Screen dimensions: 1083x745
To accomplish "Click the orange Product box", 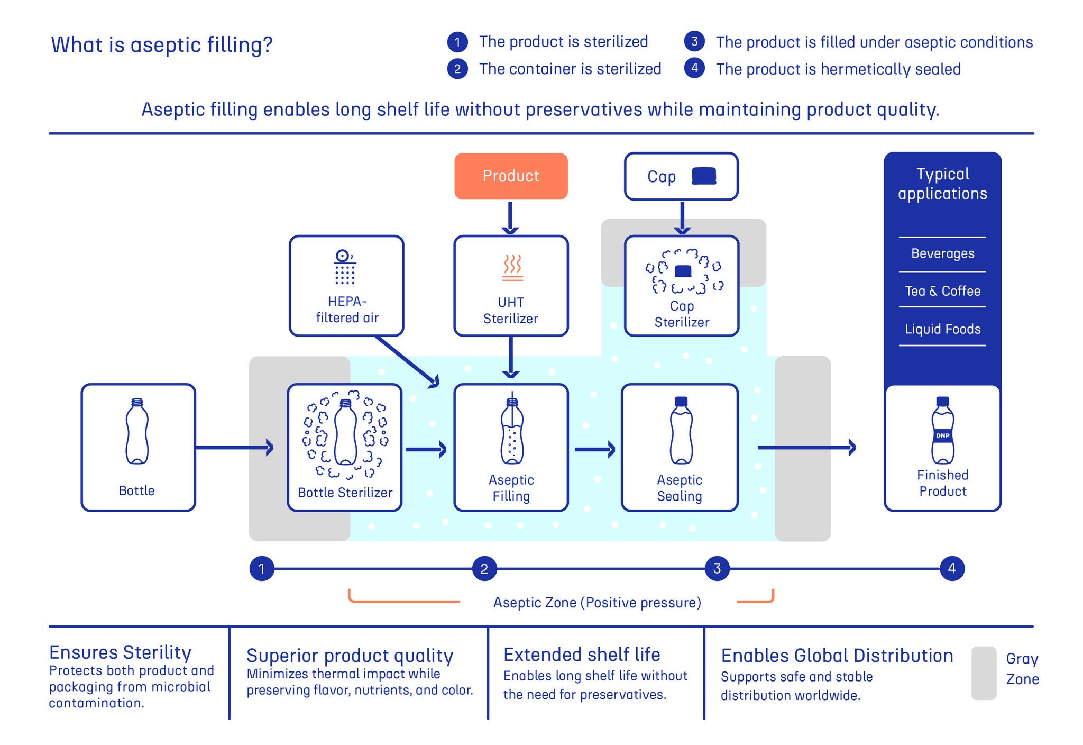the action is (511, 176).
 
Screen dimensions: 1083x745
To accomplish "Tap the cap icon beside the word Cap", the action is (704, 176).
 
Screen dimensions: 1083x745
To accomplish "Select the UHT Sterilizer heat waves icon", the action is (512, 268).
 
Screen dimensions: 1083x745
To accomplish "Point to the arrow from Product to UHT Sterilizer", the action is (510, 217).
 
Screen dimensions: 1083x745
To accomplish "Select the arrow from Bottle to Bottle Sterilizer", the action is (234, 448).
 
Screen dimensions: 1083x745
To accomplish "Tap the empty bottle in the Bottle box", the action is (137, 431).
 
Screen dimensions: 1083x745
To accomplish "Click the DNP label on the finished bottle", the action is (943, 435).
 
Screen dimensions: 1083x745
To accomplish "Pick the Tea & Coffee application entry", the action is (942, 291).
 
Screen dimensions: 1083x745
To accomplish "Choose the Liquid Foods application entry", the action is (942, 329).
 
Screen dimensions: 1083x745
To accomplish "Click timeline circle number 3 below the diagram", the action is (717, 569).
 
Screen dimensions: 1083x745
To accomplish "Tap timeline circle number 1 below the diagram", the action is (262, 569).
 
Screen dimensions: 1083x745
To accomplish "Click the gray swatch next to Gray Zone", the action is (984, 673).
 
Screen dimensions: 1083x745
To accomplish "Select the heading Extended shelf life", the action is (582, 655).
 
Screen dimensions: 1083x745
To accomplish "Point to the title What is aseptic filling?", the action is (162, 45).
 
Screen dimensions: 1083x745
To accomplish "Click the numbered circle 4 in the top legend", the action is (694, 68).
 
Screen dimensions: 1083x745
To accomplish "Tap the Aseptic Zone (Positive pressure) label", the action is (597, 603).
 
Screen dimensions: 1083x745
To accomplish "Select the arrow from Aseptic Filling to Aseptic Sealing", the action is (595, 450).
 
